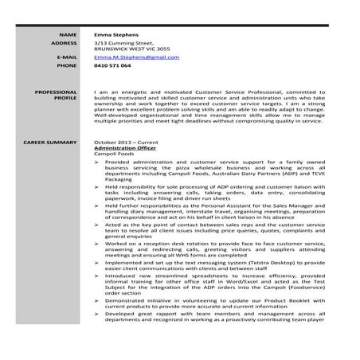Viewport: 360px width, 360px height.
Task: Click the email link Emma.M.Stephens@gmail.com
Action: (136, 57)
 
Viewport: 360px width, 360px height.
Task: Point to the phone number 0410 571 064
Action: (112, 65)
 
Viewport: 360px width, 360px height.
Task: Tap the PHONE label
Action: (66, 65)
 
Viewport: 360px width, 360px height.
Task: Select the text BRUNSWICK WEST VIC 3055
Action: (131, 49)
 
